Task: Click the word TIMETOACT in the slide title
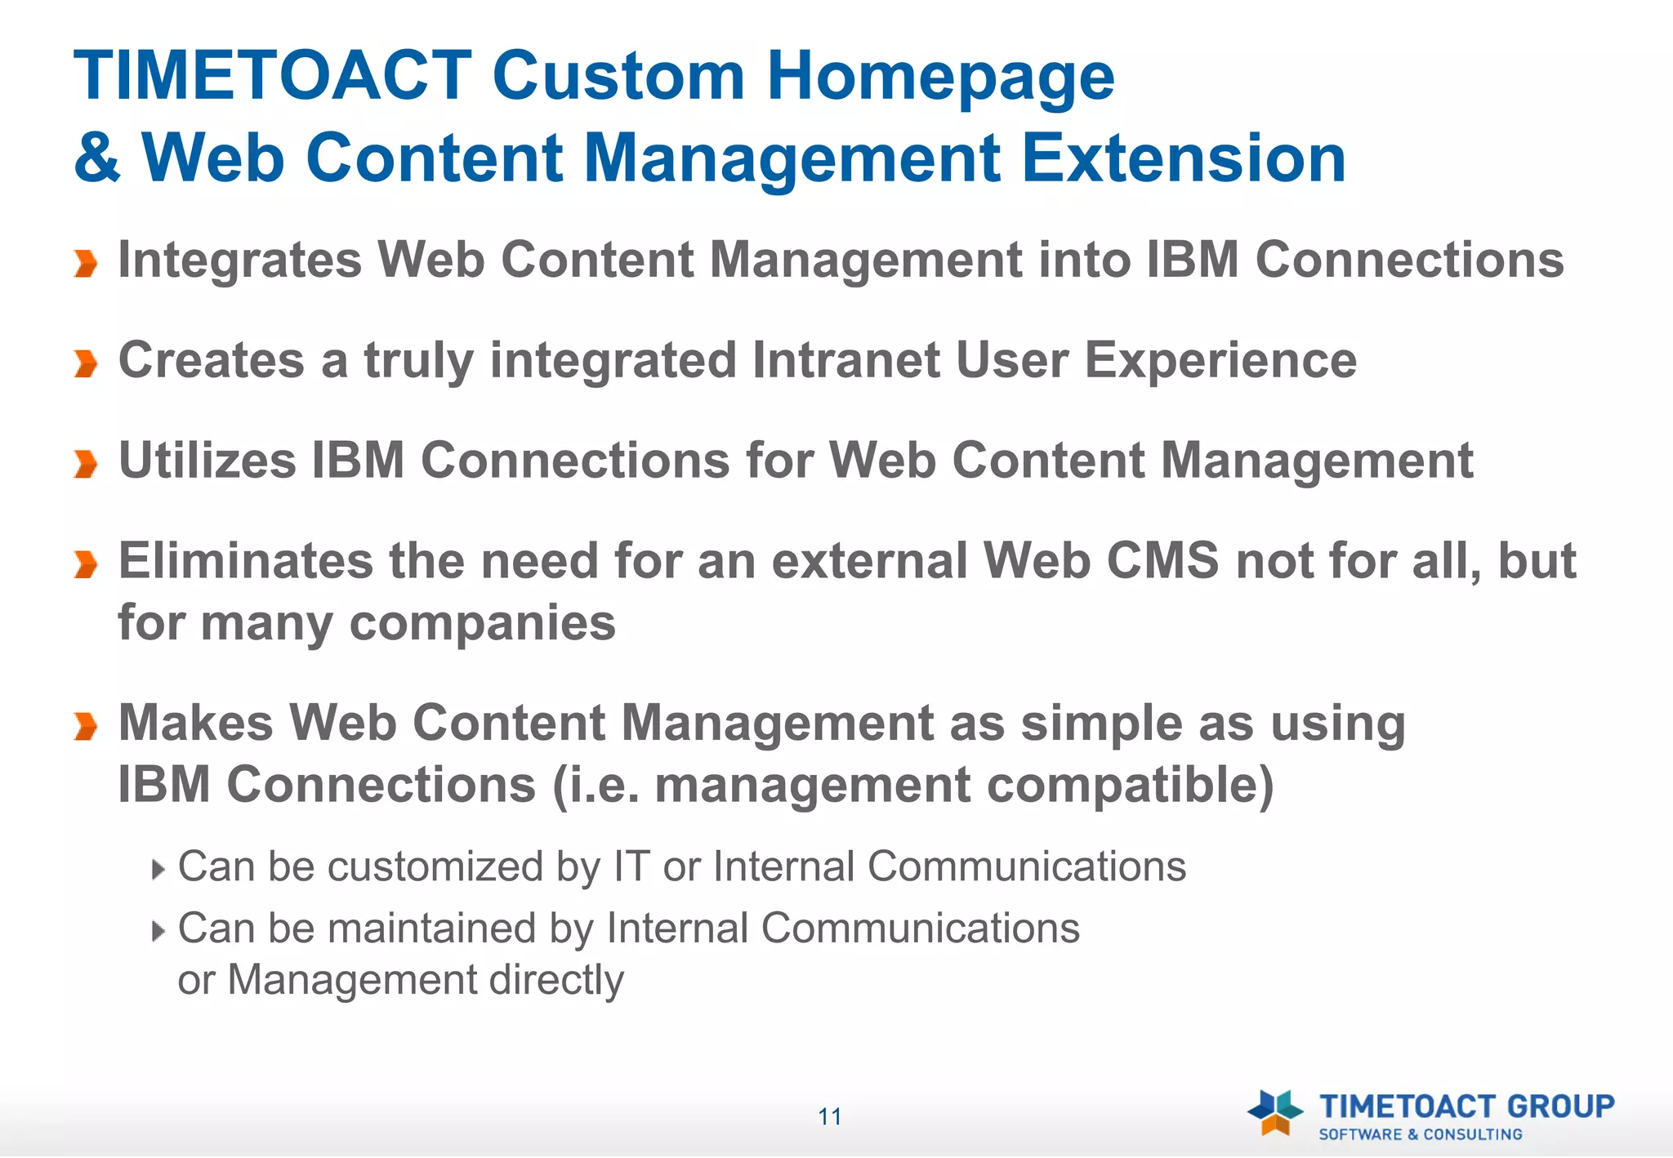(x=273, y=76)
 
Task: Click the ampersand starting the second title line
(x=97, y=158)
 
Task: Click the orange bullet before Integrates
(x=86, y=264)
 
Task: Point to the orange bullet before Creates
(x=86, y=364)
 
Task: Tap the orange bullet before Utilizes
(x=86, y=464)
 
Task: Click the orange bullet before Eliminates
(x=86, y=564)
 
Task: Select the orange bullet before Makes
(x=86, y=726)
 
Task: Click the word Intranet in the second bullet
(x=845, y=360)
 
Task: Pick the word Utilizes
(x=207, y=461)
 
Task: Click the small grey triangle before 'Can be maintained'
(x=158, y=931)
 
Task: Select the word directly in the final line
(x=555, y=980)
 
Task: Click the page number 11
(x=830, y=1116)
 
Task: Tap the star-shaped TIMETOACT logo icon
(x=1275, y=1112)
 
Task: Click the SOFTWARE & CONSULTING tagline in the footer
(x=1420, y=1134)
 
